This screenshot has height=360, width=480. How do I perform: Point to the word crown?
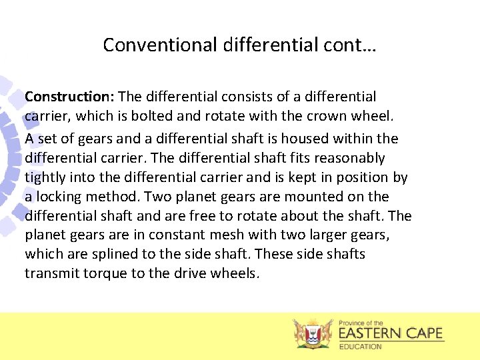(x=326, y=117)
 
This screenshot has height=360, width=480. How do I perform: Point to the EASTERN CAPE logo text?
(x=391, y=333)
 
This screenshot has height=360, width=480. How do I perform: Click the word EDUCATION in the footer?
(x=361, y=347)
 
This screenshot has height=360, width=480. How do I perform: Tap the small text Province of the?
(x=361, y=322)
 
